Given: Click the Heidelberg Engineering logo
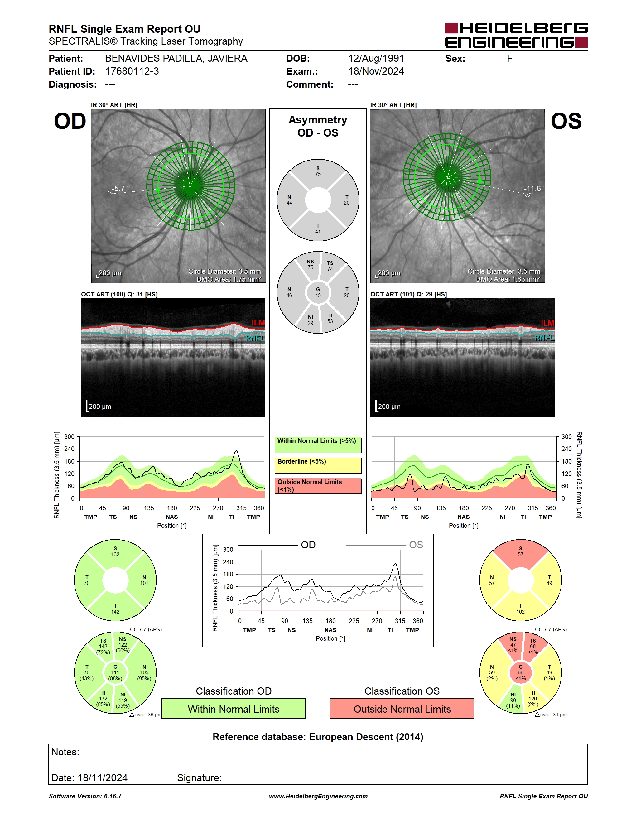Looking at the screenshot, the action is click(516, 35).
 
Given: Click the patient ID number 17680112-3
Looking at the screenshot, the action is click(132, 71).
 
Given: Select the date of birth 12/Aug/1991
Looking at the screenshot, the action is click(376, 58).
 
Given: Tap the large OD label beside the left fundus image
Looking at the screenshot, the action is click(70, 121).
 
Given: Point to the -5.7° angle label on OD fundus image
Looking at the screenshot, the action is click(121, 188).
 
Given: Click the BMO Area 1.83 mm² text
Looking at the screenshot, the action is click(508, 279).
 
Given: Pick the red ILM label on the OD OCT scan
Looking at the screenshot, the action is click(258, 323).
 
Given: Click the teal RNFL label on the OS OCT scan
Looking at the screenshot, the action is click(544, 338).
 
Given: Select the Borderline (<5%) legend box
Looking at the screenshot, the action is click(318, 465).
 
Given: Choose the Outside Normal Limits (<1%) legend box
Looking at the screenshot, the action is click(318, 486).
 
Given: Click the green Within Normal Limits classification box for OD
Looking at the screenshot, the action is click(234, 709).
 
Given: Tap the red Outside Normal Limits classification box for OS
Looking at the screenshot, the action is click(402, 709).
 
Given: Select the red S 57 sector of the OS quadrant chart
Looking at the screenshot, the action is click(520, 552).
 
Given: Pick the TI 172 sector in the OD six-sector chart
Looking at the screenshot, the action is click(103, 698).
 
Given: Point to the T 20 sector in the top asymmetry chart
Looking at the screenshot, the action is click(346, 200).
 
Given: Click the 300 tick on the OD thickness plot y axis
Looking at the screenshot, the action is click(69, 437).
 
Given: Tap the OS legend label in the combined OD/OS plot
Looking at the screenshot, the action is click(416, 545).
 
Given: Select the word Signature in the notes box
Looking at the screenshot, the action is click(199, 778).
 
